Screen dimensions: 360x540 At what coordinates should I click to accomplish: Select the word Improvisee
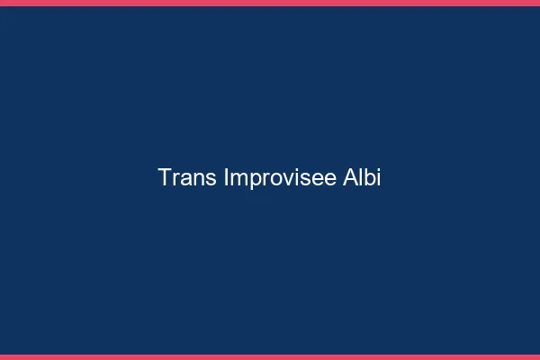[280, 178]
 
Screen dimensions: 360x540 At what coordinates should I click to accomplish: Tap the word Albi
[362, 177]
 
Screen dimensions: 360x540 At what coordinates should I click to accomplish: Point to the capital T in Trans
[165, 177]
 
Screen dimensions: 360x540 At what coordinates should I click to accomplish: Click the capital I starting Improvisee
[225, 177]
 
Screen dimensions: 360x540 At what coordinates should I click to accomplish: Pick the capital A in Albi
[349, 177]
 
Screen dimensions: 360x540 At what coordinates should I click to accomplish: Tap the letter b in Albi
[369, 177]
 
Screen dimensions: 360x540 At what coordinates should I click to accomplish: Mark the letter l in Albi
[360, 177]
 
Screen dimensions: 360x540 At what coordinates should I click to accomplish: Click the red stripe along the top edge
[270, 3]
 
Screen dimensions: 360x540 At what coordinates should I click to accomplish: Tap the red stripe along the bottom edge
[270, 356]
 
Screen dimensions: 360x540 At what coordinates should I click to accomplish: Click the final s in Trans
[209, 179]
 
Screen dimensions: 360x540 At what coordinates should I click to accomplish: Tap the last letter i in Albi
[379, 177]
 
